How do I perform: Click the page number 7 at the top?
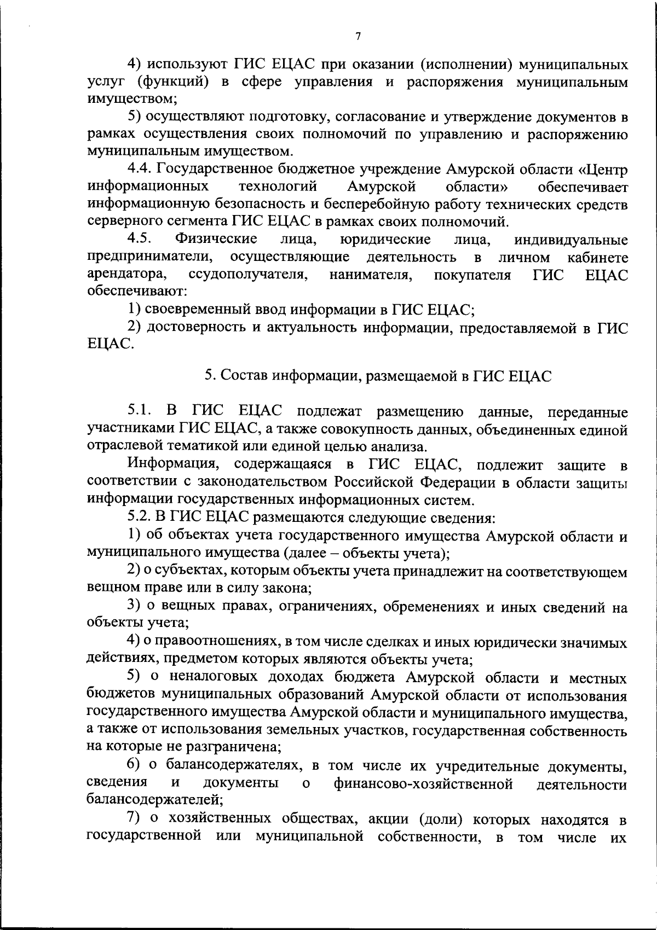[x=358, y=37]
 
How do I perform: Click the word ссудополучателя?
[x=246, y=275]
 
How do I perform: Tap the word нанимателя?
[x=371, y=275]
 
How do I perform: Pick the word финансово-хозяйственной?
[x=423, y=784]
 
